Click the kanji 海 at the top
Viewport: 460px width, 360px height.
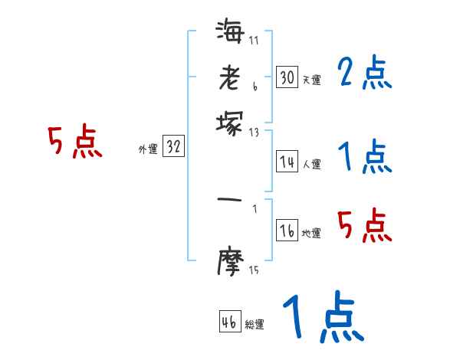click(x=230, y=33)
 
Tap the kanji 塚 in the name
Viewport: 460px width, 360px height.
click(x=230, y=123)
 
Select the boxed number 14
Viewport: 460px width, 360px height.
click(x=287, y=162)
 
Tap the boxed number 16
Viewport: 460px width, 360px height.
click(x=287, y=232)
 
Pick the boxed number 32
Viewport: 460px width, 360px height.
click(x=173, y=148)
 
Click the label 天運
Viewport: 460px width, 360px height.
click(x=311, y=80)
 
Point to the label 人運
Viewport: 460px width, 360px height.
click(x=311, y=164)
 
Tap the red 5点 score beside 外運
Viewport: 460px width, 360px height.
click(x=74, y=142)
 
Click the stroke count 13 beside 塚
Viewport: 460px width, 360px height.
click(x=254, y=132)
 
